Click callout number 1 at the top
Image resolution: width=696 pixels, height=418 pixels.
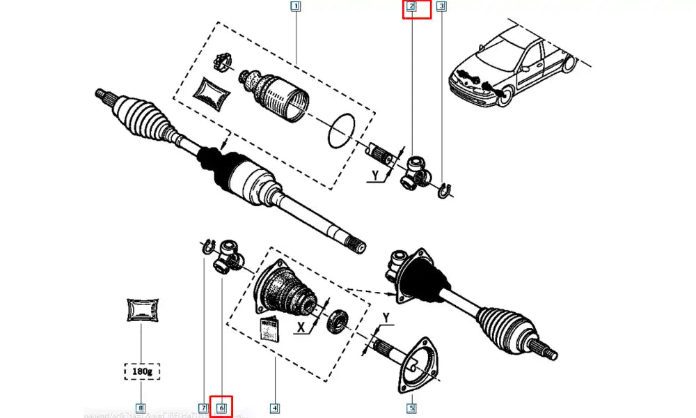click(x=295, y=8)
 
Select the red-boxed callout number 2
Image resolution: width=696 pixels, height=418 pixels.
click(x=411, y=8)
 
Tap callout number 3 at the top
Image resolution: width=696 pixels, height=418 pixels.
click(x=441, y=8)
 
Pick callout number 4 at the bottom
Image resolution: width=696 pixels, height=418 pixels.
click(x=275, y=408)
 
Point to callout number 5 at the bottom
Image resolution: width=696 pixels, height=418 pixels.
click(x=411, y=408)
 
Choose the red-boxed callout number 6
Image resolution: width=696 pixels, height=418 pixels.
click(x=222, y=408)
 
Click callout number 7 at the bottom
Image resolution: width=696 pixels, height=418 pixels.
click(x=203, y=408)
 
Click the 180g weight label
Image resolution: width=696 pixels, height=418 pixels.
click(x=141, y=372)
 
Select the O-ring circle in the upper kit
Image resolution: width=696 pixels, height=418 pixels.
click(x=342, y=130)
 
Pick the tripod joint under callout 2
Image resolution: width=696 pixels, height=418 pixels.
click(x=416, y=172)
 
